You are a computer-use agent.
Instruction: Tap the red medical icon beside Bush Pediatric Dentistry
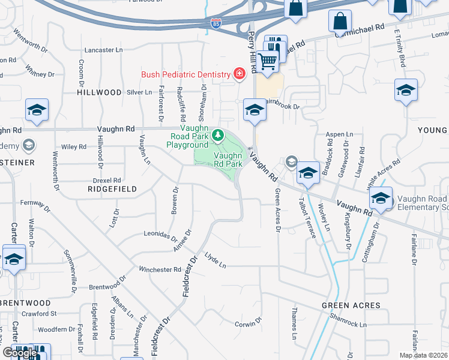click(x=239, y=74)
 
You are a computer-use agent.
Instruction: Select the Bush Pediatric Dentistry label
click(x=185, y=75)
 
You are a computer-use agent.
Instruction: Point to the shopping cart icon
click(x=268, y=59)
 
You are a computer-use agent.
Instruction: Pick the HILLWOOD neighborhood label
click(x=100, y=93)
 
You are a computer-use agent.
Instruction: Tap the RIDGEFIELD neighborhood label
click(x=112, y=189)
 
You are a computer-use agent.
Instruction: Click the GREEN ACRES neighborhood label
click(x=351, y=305)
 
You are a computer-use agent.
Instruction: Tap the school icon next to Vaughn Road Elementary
click(x=381, y=198)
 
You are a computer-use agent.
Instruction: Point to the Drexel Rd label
click(x=107, y=180)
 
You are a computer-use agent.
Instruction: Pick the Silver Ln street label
click(x=139, y=92)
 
